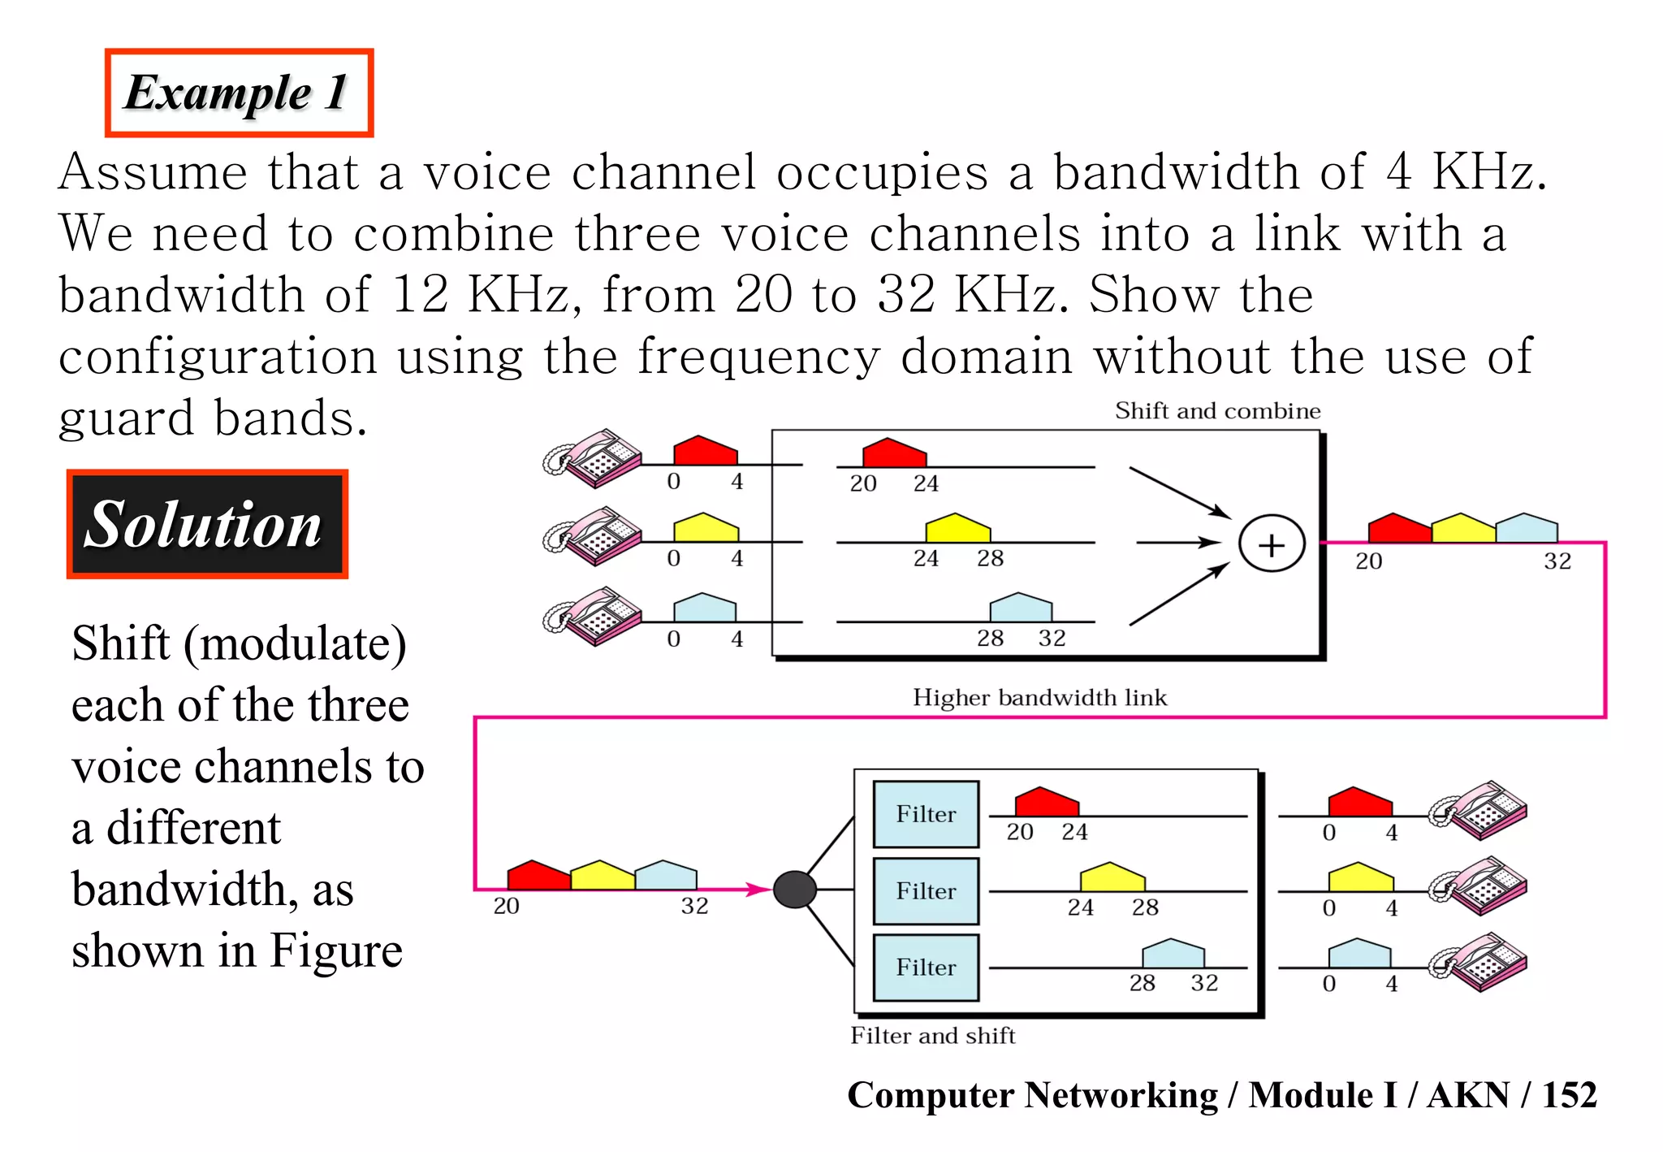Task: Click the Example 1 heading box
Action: coord(239,93)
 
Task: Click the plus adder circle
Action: coord(1271,544)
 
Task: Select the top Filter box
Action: coord(926,814)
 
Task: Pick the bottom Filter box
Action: coord(926,968)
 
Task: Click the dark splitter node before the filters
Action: coord(794,890)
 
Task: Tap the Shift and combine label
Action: coord(1216,411)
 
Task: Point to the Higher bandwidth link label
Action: coord(1039,698)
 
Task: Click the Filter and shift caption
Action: coord(932,1036)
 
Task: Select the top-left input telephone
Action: coord(593,458)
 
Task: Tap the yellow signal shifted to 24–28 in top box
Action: coord(958,529)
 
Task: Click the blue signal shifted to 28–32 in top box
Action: coord(1021,608)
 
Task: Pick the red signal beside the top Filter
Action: coord(1047,803)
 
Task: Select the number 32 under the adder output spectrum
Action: coord(1557,561)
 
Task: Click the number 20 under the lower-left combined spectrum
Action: coord(506,906)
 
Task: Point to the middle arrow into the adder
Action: coord(1177,543)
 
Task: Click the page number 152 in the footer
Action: coord(1569,1095)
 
